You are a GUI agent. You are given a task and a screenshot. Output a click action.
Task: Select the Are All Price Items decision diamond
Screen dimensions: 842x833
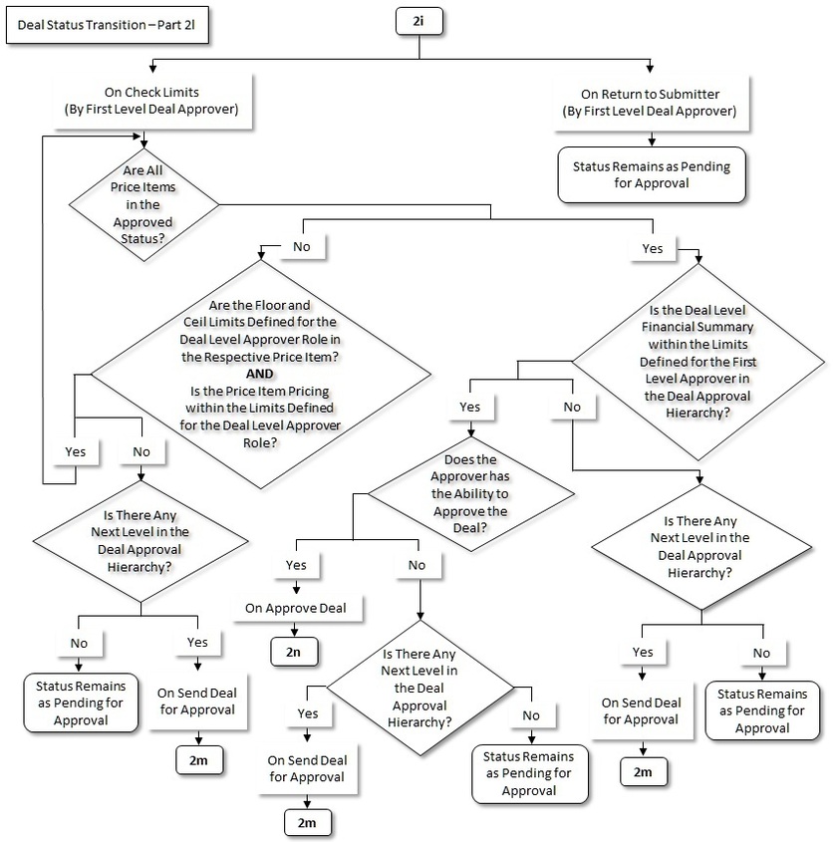pyautogui.click(x=142, y=205)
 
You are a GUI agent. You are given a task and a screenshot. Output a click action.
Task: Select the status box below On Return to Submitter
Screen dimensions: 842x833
pyautogui.click(x=651, y=174)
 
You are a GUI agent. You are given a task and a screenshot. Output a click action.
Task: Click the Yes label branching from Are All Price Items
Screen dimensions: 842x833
pyautogui.click(x=654, y=247)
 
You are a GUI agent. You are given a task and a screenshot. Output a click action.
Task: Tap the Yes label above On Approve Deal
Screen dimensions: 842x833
pyautogui.click(x=296, y=564)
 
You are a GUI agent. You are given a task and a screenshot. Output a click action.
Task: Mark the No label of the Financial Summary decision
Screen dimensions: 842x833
pyautogui.click(x=571, y=407)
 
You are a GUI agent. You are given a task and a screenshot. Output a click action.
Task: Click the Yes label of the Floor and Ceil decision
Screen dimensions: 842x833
pyautogui.click(x=75, y=451)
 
